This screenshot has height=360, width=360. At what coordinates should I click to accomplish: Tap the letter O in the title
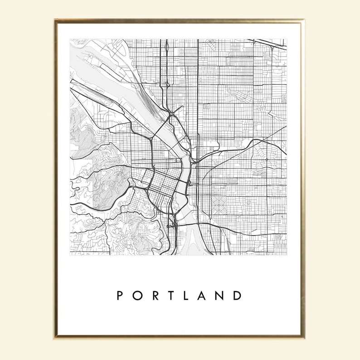137,296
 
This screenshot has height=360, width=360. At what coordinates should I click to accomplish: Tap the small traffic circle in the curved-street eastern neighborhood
268,160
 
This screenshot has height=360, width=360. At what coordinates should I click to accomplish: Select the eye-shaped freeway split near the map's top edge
167,46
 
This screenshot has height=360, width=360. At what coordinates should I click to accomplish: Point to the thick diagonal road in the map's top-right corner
270,44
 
